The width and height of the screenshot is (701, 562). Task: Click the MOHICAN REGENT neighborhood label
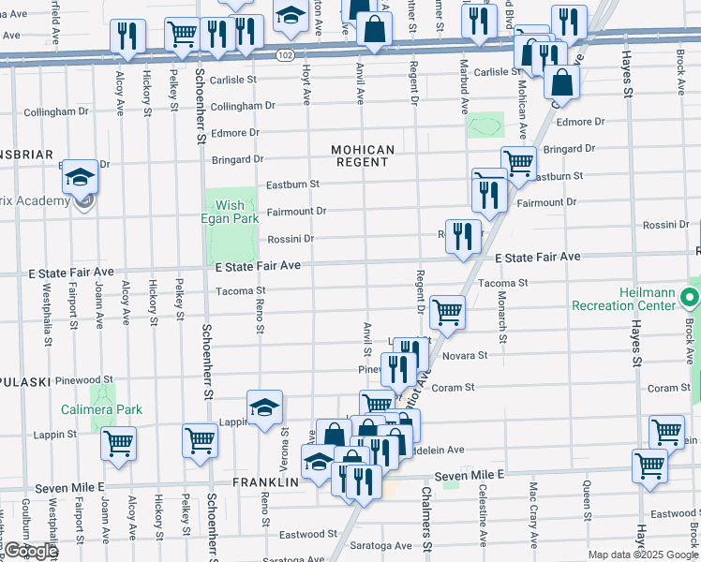click(x=362, y=155)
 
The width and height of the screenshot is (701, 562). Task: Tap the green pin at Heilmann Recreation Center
click(x=691, y=300)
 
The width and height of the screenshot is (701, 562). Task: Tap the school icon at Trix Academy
click(x=81, y=177)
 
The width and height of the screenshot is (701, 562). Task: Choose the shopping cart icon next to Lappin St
click(x=118, y=443)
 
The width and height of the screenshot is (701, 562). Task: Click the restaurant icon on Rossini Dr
click(x=463, y=235)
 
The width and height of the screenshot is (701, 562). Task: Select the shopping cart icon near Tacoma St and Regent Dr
click(x=448, y=314)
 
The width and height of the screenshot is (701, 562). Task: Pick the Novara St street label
click(x=465, y=356)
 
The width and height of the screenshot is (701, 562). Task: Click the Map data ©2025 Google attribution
click(x=643, y=555)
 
